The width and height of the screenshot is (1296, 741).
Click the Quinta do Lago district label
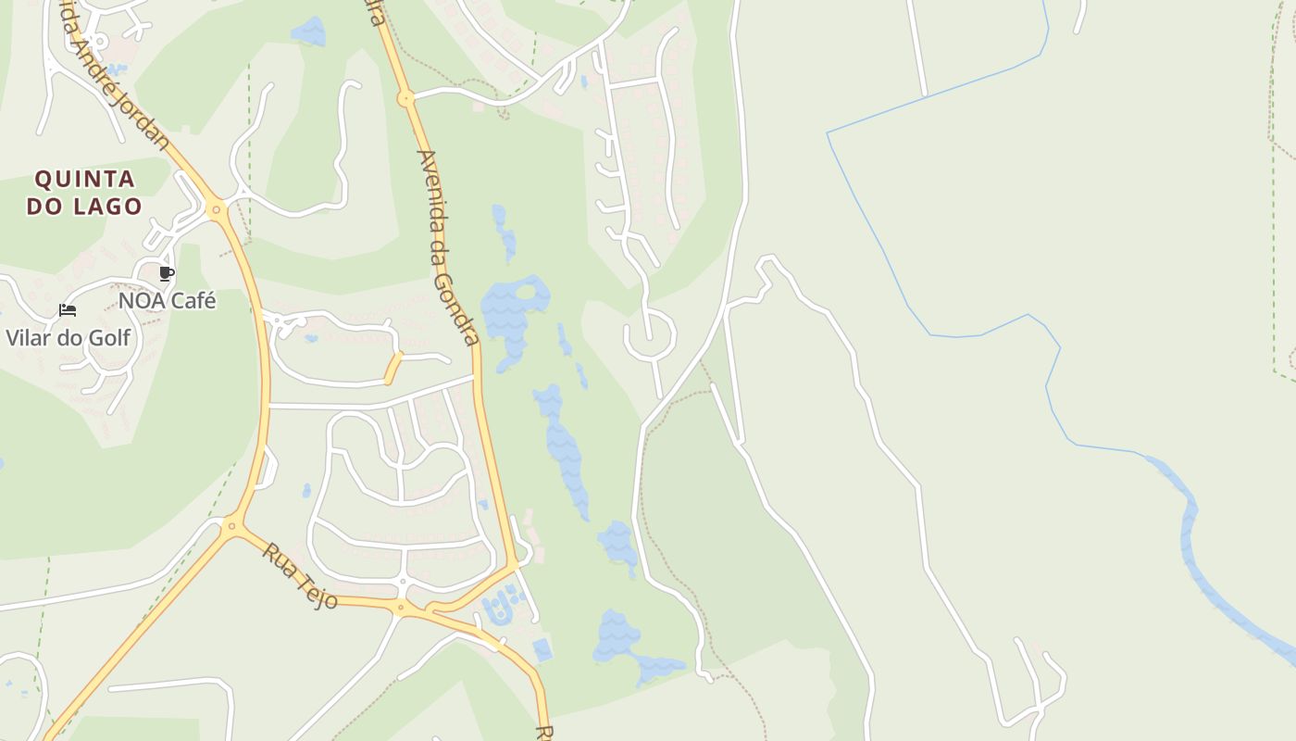(x=84, y=192)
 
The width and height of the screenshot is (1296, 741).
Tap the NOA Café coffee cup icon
(x=167, y=273)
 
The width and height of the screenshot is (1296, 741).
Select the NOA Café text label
(x=167, y=301)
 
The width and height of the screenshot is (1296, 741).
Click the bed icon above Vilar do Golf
(x=68, y=310)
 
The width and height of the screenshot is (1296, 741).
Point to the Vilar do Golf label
(x=69, y=337)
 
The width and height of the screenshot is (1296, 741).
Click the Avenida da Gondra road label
(x=448, y=247)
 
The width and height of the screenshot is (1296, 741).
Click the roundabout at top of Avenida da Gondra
(x=405, y=97)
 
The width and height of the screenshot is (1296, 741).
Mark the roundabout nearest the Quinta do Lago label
(x=217, y=210)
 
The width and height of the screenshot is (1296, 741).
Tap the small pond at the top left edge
(x=308, y=31)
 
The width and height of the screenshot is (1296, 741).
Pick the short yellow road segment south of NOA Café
(x=393, y=368)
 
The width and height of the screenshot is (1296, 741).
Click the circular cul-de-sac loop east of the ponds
(x=650, y=339)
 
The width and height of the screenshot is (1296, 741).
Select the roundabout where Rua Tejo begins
(x=232, y=527)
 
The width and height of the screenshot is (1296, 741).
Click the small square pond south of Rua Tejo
(x=542, y=650)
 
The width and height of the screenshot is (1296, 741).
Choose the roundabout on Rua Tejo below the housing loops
(x=401, y=609)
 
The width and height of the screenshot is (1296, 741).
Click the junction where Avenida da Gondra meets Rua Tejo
(x=512, y=563)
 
